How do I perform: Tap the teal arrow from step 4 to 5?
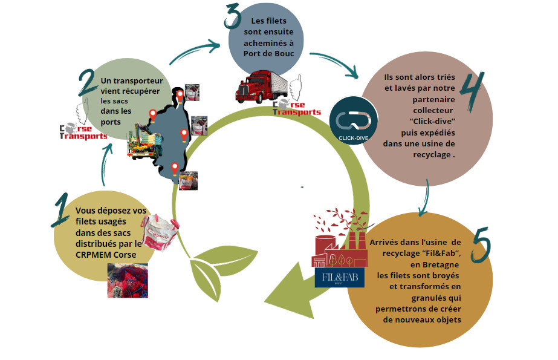click(x=426, y=197)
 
